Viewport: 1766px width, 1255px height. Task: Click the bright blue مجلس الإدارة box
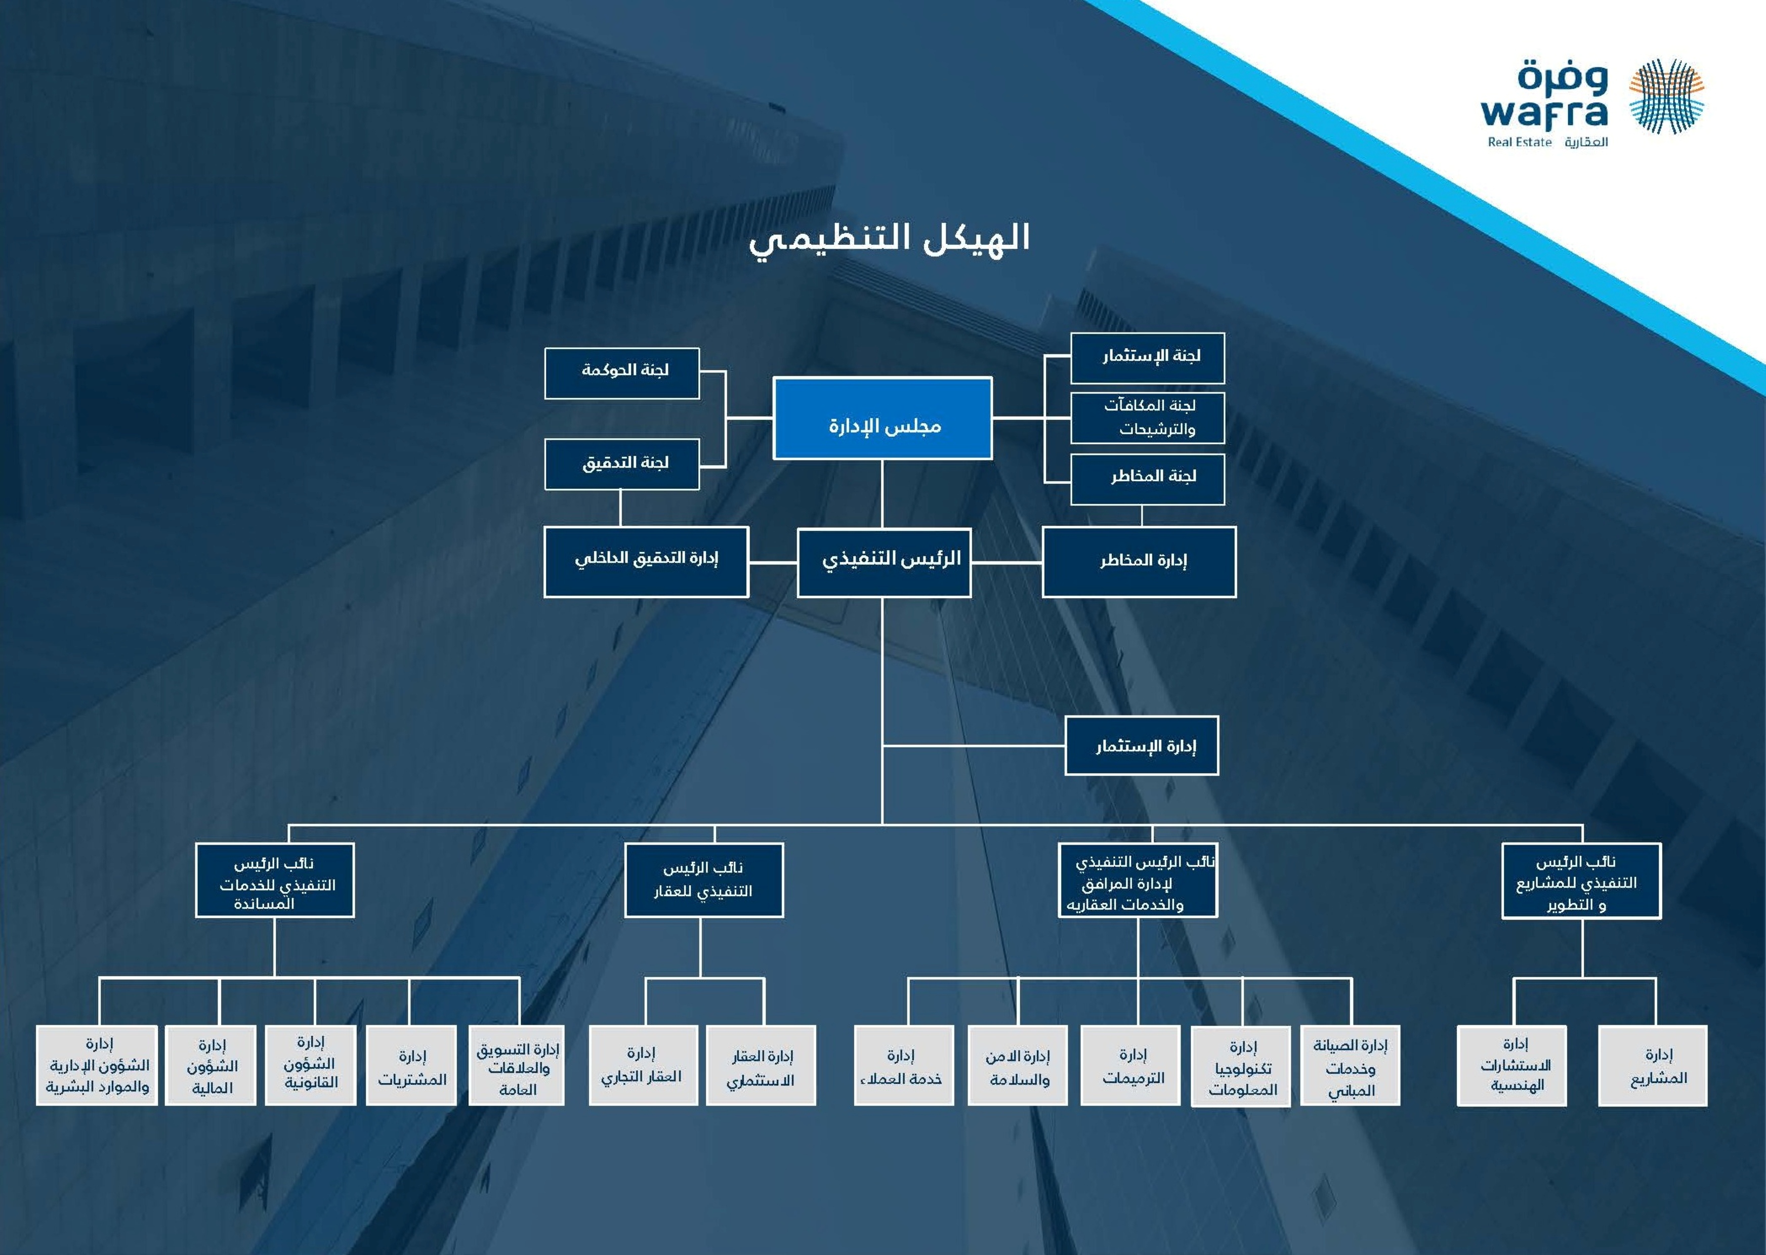(x=882, y=418)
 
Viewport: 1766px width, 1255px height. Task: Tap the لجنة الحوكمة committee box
(x=622, y=373)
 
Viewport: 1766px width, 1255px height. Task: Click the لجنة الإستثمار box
(x=1147, y=358)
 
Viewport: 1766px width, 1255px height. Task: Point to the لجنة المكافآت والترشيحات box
(x=1147, y=418)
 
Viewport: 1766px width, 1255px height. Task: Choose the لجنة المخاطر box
(x=1147, y=479)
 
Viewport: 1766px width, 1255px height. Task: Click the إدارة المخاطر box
(x=1139, y=562)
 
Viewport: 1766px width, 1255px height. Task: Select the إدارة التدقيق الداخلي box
(x=646, y=562)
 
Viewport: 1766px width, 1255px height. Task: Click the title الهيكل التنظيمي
(x=889, y=239)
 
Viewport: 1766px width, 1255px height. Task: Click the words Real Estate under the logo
(x=1520, y=142)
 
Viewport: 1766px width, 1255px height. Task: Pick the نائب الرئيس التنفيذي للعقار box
(x=704, y=880)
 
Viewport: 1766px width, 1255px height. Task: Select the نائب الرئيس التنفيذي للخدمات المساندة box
(x=275, y=880)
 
